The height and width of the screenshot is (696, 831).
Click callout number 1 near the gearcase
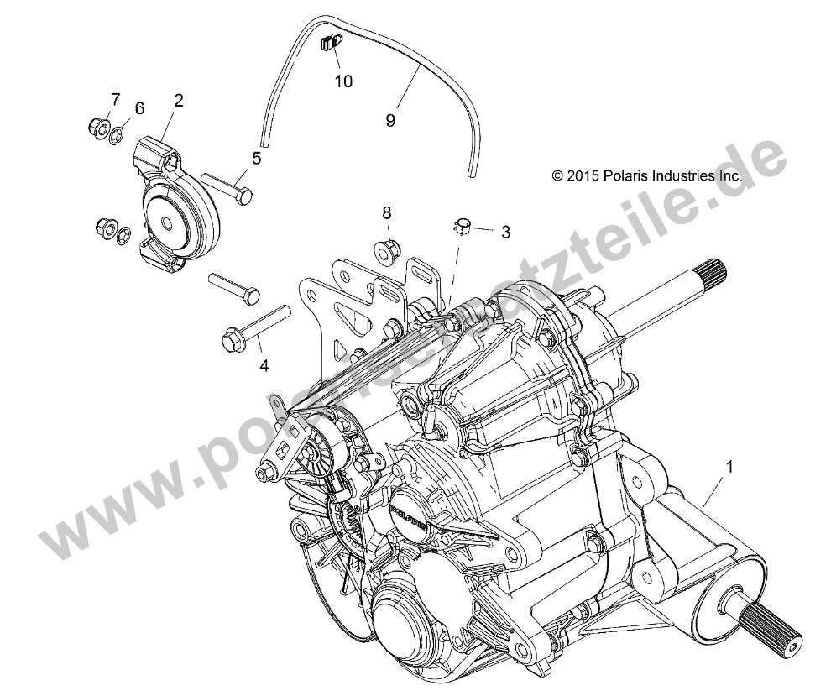click(729, 463)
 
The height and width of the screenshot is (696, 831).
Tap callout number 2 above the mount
click(178, 101)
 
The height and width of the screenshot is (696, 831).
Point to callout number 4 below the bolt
click(241, 365)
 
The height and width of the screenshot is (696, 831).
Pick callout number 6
click(139, 107)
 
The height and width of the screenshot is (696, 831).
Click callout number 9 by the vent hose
click(389, 120)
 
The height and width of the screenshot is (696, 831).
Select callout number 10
click(343, 81)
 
